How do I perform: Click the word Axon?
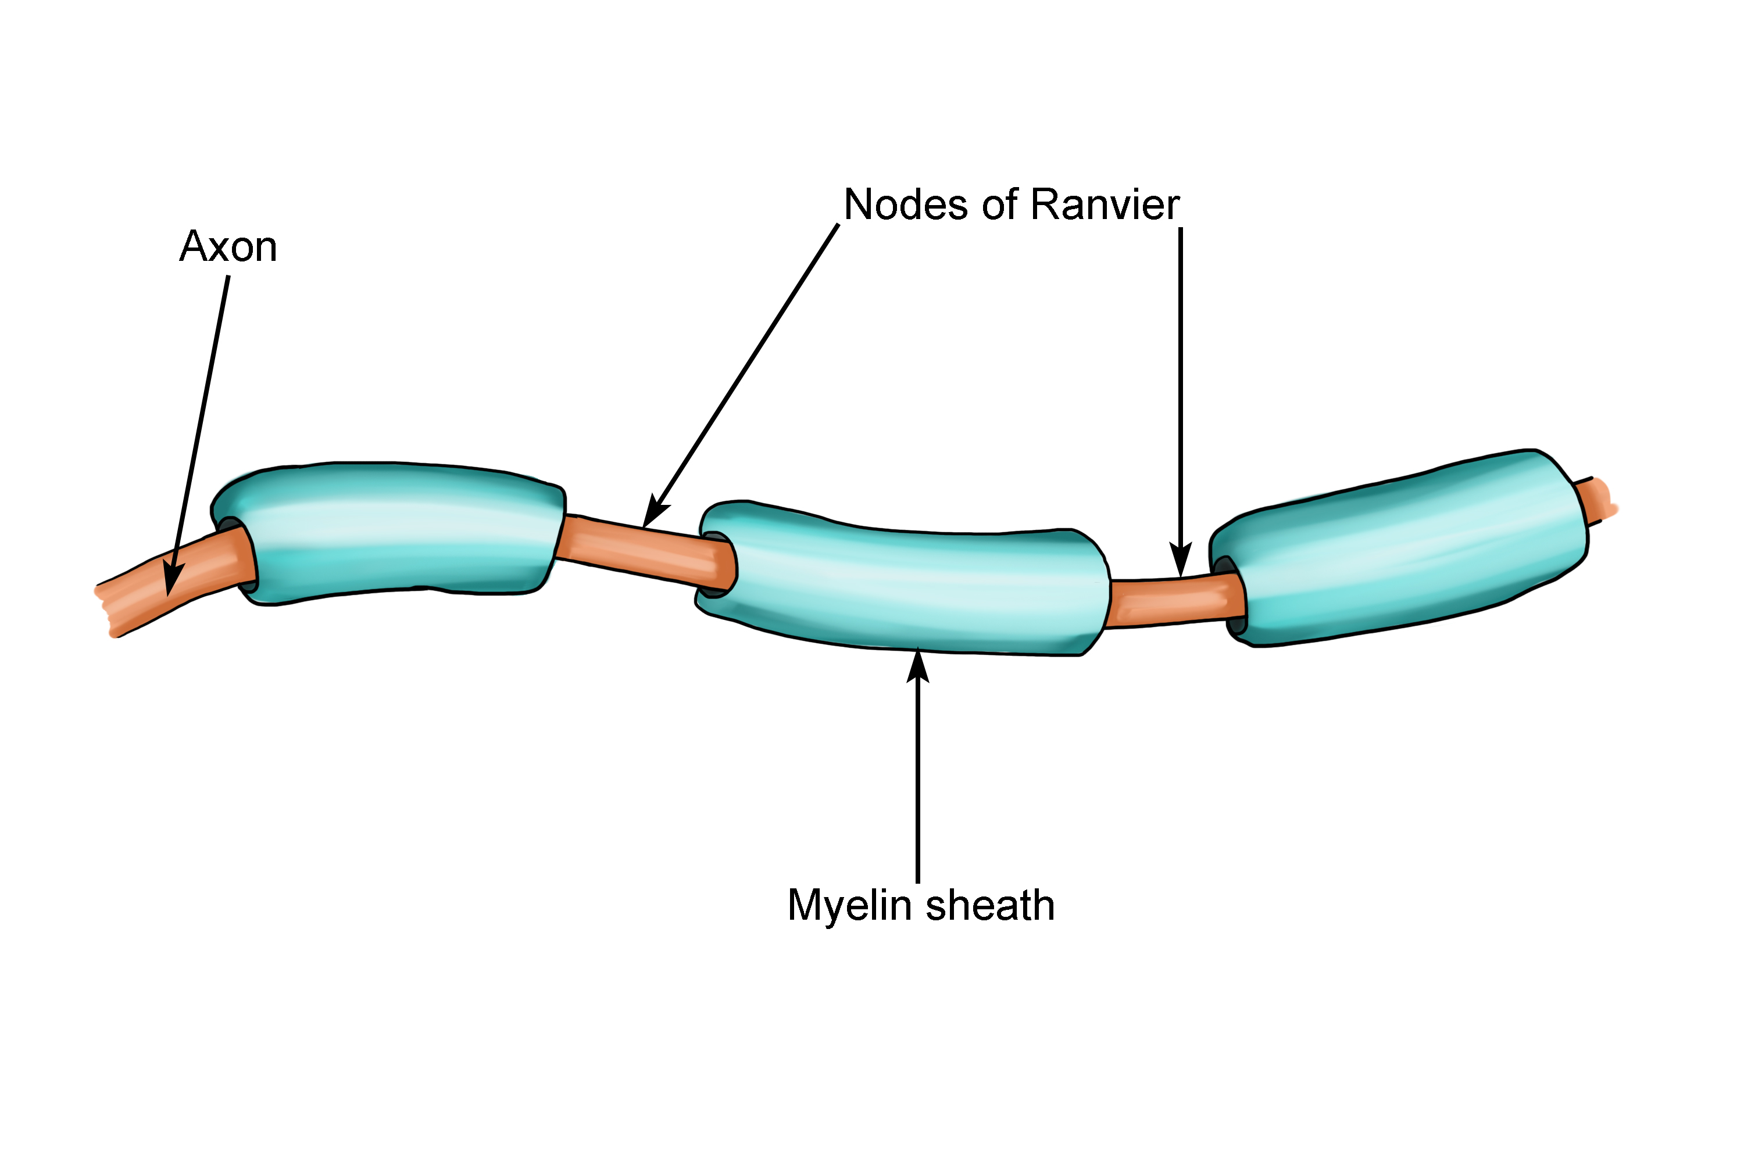pyautogui.click(x=228, y=247)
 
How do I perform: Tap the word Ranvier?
pyautogui.click(x=1105, y=205)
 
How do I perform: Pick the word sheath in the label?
pyautogui.click(x=990, y=906)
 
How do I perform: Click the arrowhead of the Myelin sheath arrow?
pyautogui.click(x=918, y=664)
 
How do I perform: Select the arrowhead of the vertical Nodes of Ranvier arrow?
pyautogui.click(x=1181, y=562)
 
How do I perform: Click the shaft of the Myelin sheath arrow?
pyautogui.click(x=918, y=778)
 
